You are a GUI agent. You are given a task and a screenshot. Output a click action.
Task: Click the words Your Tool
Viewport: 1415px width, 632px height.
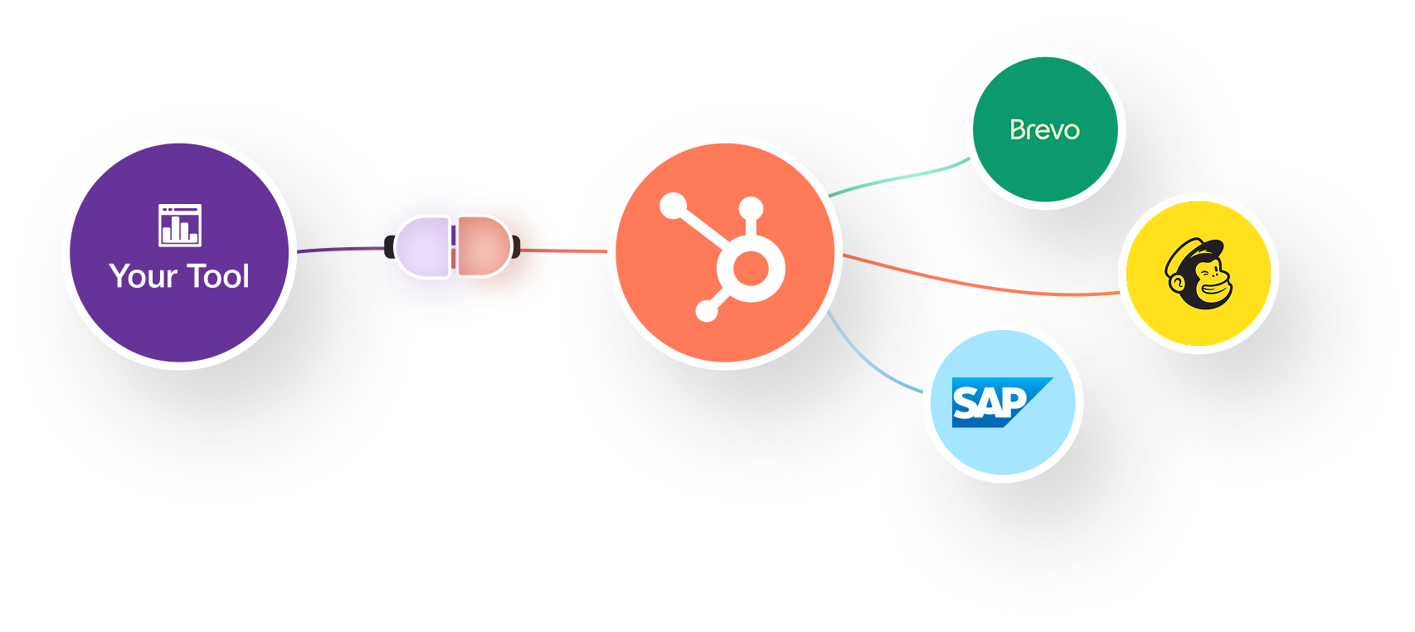tap(179, 276)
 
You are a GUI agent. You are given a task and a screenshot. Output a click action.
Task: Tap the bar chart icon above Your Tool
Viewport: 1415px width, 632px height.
tap(180, 226)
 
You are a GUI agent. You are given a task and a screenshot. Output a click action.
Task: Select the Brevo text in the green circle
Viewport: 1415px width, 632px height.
tap(1044, 129)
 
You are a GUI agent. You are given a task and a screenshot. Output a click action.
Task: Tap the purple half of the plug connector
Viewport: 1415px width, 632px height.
tap(422, 246)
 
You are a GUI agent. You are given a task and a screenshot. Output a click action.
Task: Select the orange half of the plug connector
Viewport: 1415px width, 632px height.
tap(484, 246)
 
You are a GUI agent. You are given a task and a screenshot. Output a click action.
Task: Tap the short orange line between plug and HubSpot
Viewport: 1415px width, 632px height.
tap(564, 250)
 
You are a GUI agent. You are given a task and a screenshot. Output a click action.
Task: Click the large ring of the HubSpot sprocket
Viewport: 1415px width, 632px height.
tap(751, 268)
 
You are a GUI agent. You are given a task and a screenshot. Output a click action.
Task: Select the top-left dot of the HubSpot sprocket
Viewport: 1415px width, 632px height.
tap(673, 205)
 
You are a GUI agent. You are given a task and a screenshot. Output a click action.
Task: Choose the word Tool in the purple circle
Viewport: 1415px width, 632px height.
tap(218, 276)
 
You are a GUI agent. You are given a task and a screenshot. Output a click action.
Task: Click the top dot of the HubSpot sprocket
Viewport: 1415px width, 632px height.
tap(751, 207)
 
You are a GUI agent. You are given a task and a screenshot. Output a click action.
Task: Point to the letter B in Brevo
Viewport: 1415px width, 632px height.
tap(1018, 129)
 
